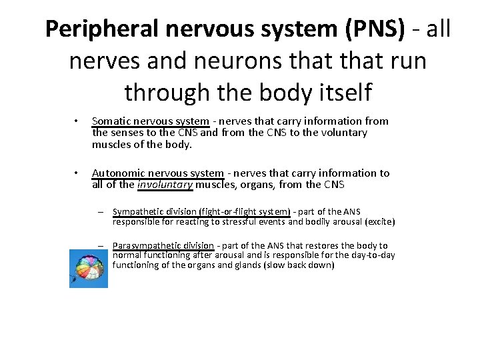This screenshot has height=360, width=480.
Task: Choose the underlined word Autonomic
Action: pyautogui.click(x=118, y=173)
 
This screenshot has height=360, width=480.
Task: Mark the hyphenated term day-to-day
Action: pyautogui.click(x=373, y=255)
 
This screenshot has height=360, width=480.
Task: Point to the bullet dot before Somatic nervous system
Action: pyautogui.click(x=77, y=121)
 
